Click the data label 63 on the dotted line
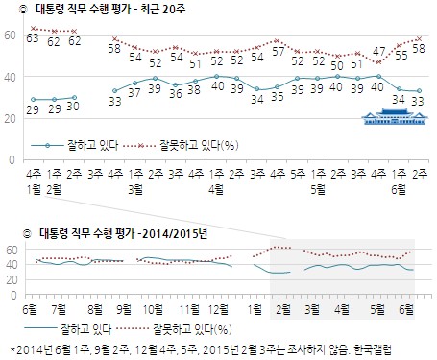(32, 37)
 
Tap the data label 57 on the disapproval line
(278, 55)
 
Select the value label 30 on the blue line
(74, 106)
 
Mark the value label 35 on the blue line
(278, 96)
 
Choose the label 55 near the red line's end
(401, 57)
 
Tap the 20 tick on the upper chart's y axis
(11, 118)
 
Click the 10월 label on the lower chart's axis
(151, 308)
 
